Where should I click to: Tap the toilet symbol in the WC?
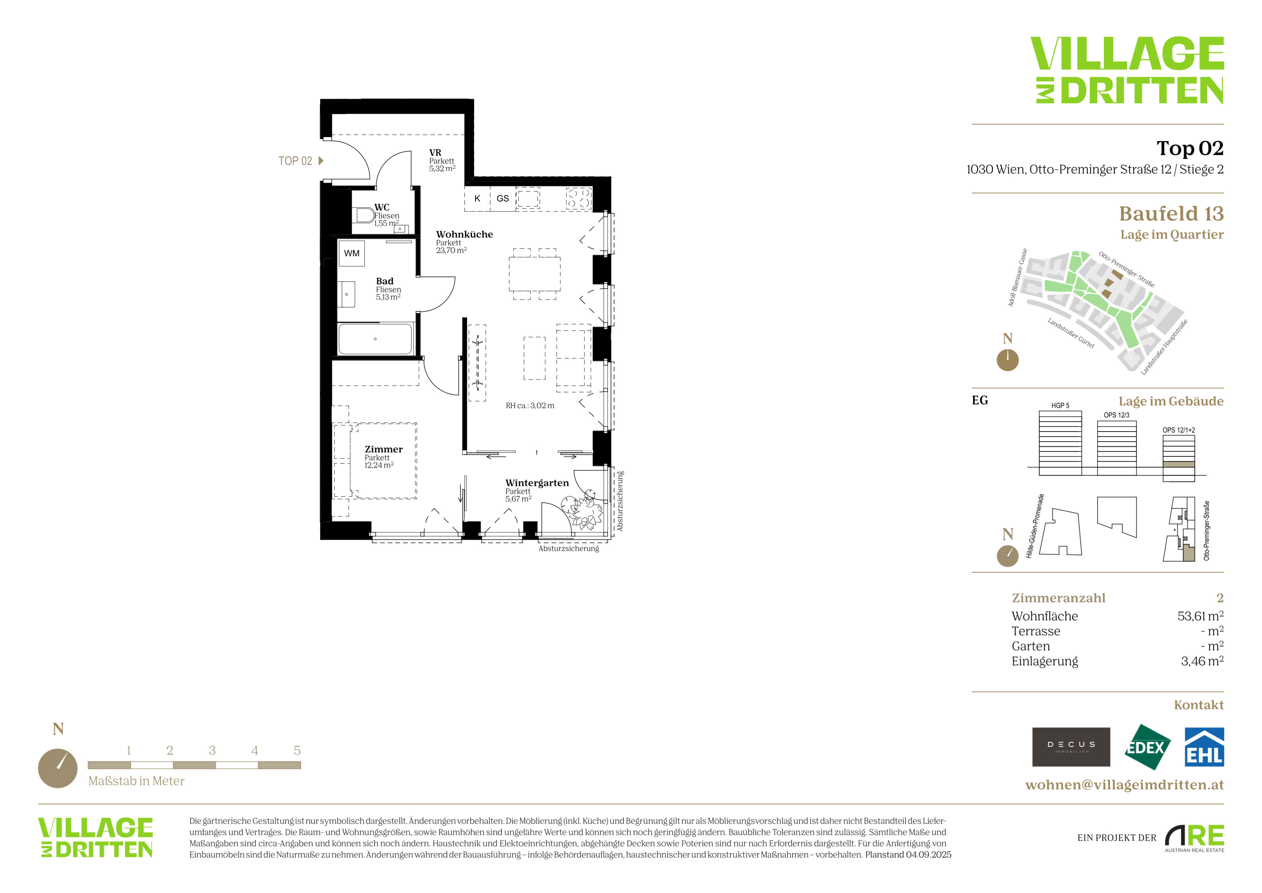tap(365, 215)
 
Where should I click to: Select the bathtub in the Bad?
tap(375, 339)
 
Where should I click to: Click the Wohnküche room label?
tap(464, 234)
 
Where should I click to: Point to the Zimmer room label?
tap(384, 449)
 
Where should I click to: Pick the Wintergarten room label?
tap(537, 483)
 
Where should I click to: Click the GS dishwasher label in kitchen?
tap(502, 198)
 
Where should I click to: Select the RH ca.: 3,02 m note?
tap(530, 406)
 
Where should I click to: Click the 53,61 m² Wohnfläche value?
tap(1200, 616)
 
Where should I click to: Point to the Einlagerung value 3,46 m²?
tap(1202, 661)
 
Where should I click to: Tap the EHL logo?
tap(1204, 747)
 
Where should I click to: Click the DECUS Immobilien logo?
tap(1071, 747)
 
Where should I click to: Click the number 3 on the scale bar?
tap(212, 750)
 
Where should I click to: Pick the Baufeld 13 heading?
tap(1171, 213)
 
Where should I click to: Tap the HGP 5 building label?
tap(1060, 406)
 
